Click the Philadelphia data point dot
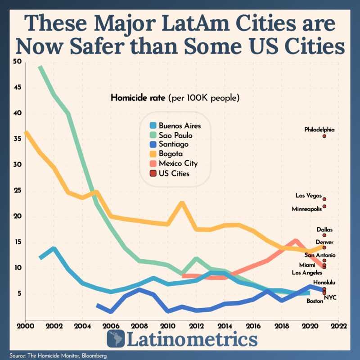coord(324,136)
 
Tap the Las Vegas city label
coord(308,195)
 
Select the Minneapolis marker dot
coord(324,207)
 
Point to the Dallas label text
coord(324,229)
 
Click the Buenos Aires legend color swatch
coord(154,126)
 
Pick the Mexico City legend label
coord(178,163)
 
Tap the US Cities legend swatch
coord(154,173)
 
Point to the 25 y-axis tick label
coord(17,190)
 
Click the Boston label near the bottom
coord(315,301)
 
